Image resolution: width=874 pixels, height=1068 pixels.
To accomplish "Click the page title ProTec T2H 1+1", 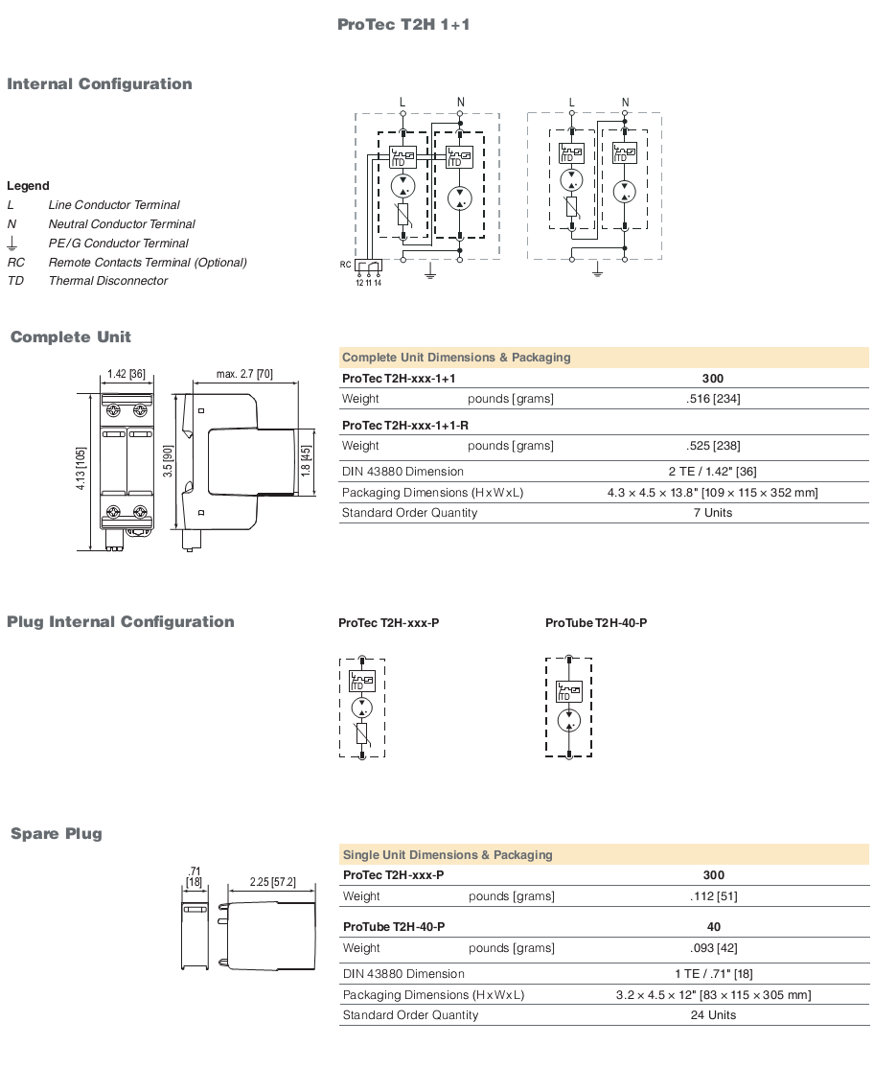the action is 402,25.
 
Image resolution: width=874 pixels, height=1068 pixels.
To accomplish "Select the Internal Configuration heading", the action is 100,83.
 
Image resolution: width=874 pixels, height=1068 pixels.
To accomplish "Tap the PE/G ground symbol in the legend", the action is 11,244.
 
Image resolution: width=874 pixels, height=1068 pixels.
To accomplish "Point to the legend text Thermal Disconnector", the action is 108,281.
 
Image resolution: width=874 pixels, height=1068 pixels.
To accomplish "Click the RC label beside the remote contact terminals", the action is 345,265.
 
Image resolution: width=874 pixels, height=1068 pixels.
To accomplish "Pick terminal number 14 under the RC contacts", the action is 378,283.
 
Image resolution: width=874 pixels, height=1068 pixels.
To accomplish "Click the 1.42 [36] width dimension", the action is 126,374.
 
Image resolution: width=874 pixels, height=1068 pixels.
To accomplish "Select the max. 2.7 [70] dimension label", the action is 244,374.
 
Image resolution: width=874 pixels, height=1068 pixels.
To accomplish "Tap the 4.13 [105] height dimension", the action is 80,469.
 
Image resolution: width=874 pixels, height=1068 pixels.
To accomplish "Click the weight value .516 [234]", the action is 713,399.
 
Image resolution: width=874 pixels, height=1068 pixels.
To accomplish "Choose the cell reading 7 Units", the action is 713,513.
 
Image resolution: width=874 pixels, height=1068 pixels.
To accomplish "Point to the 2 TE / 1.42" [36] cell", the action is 713,472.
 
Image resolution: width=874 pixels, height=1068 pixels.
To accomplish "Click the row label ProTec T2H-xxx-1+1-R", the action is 405,426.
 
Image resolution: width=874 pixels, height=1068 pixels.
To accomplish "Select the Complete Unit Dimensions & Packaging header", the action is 456,358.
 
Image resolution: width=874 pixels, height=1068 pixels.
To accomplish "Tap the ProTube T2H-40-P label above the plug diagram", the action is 596,623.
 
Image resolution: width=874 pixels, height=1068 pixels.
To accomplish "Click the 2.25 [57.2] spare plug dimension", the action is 272,882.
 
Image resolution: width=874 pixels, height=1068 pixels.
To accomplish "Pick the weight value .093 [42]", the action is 713,948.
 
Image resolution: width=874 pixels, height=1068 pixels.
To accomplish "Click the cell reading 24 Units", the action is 713,1015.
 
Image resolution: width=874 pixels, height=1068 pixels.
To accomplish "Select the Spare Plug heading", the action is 57,834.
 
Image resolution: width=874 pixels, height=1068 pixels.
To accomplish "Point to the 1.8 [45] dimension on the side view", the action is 306,461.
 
